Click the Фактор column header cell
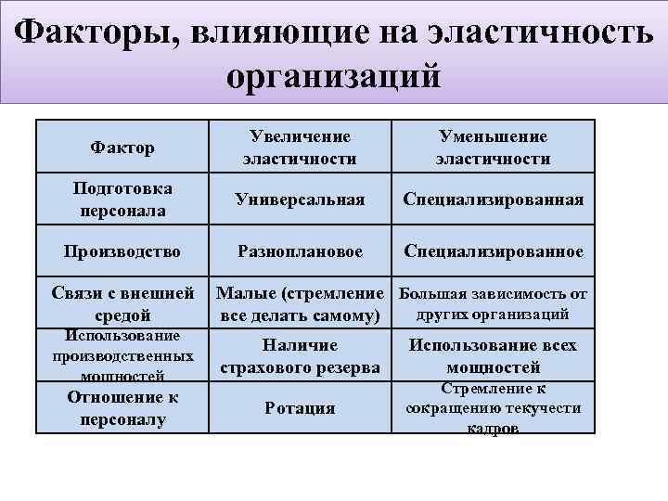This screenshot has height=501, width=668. tap(122, 148)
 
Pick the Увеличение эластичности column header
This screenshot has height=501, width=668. tap(300, 148)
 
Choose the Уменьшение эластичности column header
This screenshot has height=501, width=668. tap(493, 148)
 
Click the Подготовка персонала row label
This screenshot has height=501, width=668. tap(122, 199)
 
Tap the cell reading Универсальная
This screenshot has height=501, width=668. tap(300, 200)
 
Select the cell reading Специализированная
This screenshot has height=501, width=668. tap(493, 200)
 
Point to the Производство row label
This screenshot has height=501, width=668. tap(122, 251)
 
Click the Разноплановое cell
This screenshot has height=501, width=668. tap(300, 251)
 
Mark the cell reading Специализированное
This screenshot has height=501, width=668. tap(493, 251)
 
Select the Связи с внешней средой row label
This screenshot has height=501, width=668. tap(122, 304)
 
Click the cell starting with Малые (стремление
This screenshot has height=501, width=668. tap(300, 304)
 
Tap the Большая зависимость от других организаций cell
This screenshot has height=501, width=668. tap(493, 304)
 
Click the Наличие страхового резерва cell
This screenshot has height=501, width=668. tap(300, 356)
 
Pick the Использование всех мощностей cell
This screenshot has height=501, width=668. tap(493, 356)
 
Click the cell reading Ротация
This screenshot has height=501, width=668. tap(300, 408)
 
